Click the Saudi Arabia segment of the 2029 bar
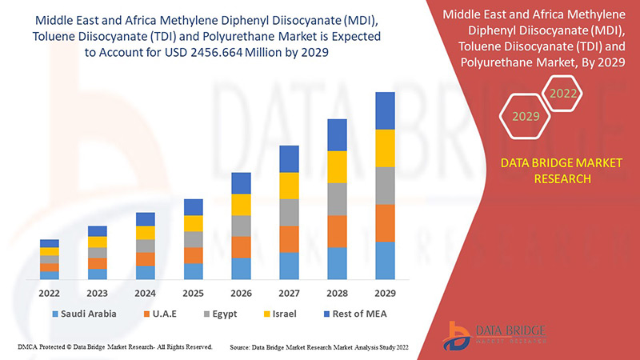coord(385,260)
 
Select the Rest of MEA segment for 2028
coord(337,134)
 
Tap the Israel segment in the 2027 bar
coord(289,185)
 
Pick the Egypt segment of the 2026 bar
coord(241,226)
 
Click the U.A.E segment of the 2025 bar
coord(193,255)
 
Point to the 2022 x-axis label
coord(50,293)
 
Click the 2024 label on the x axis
coord(145,293)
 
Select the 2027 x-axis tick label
coord(289,293)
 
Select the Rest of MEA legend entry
coord(353,314)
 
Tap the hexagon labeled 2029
coord(526,117)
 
